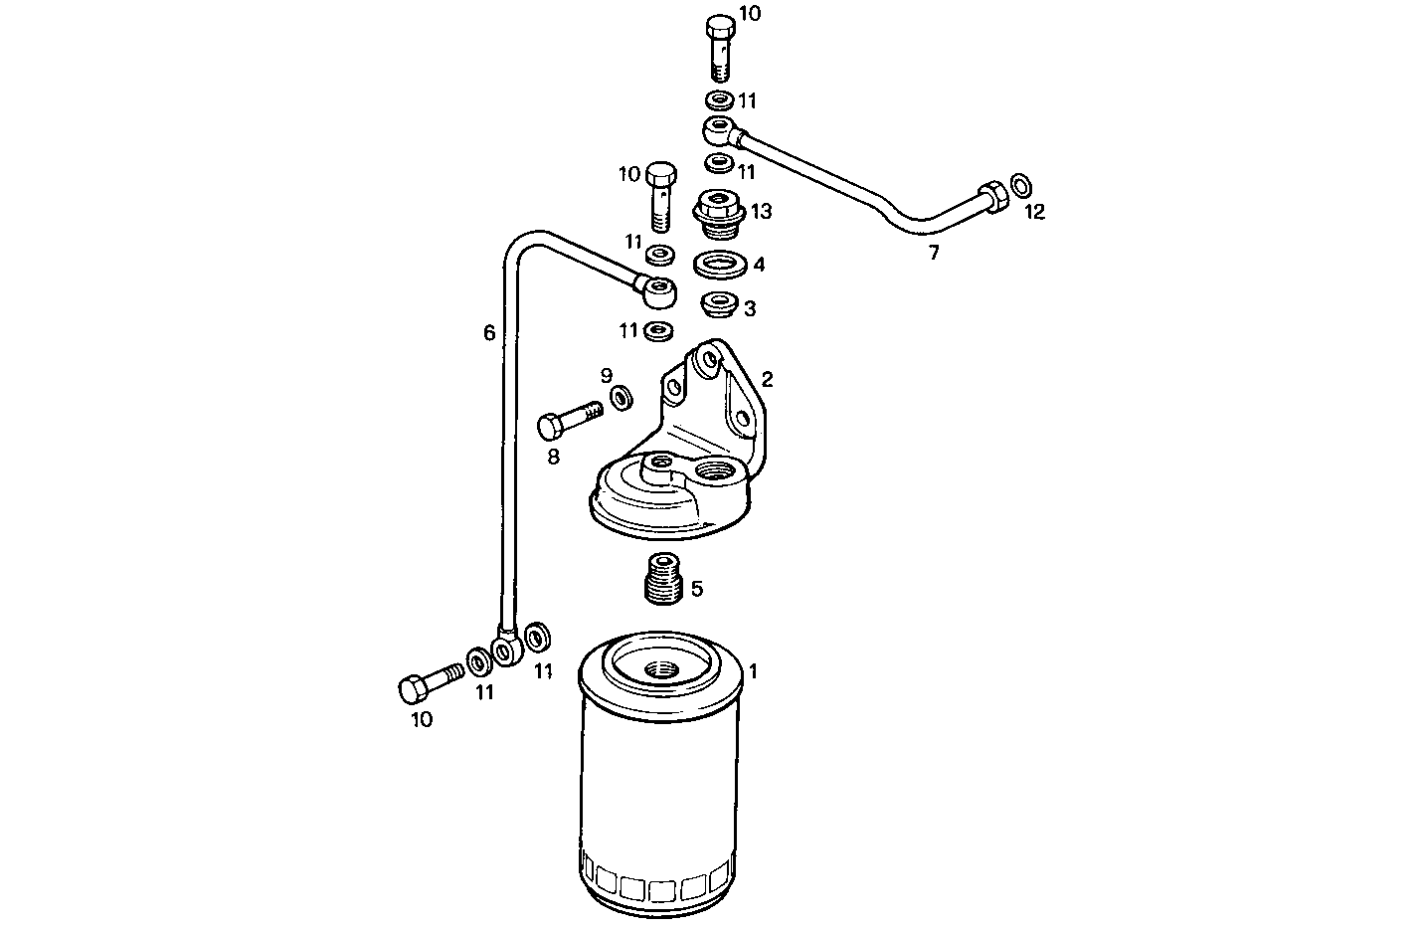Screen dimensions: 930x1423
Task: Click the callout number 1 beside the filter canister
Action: click(753, 671)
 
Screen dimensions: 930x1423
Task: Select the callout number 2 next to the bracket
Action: click(767, 379)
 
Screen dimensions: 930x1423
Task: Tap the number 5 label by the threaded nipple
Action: click(696, 589)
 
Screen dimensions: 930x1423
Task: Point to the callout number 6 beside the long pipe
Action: click(488, 333)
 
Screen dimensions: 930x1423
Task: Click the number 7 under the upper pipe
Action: click(933, 254)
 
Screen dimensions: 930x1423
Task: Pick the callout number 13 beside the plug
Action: click(762, 211)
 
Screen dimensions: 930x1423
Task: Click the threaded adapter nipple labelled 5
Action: click(658, 580)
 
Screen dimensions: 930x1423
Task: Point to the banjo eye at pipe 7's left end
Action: click(718, 129)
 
